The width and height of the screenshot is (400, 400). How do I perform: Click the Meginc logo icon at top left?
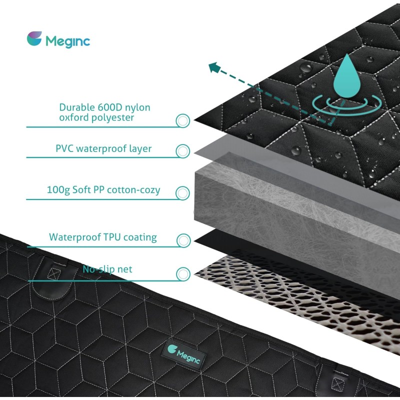pos(34,38)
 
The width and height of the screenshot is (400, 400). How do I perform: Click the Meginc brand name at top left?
pos(68,41)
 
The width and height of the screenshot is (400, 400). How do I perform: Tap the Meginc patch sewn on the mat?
pos(184,354)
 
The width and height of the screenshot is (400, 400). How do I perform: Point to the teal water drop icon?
pos(347,76)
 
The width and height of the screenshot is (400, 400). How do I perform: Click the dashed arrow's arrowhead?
pos(214,67)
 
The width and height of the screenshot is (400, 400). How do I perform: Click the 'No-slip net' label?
pos(107,269)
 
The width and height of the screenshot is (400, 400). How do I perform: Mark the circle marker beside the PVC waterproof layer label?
pos(183,151)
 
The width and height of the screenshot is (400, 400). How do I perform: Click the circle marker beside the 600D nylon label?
pos(183,120)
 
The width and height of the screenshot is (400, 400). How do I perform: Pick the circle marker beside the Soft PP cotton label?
pos(182,193)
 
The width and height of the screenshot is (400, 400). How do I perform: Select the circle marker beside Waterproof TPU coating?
pos(183,240)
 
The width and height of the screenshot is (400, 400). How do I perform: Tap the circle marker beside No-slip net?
pos(183,274)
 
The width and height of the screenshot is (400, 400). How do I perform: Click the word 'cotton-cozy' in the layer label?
pos(133,190)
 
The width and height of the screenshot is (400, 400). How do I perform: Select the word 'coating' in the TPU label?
pos(140,237)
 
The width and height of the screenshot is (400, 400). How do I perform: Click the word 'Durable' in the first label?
pos(77,107)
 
